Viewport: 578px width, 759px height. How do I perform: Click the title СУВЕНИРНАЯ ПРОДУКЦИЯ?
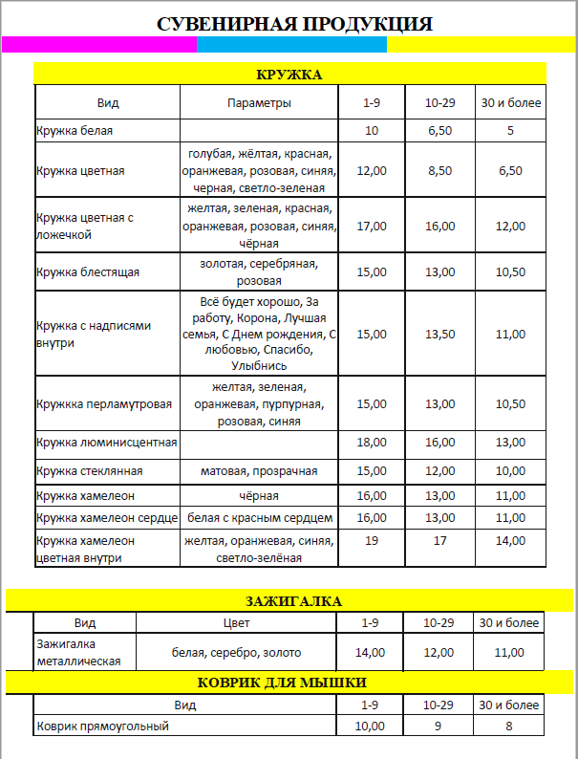coord(294,24)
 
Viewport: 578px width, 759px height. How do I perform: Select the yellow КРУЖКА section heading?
coord(289,75)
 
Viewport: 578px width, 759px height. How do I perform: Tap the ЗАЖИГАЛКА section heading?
coord(289,600)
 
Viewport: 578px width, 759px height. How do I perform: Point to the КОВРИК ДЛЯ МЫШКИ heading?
coord(289,682)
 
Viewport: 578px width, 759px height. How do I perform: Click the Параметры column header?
coord(259,102)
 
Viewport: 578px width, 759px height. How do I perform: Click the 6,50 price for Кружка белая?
coord(439,130)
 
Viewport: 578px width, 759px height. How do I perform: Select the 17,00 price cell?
coord(371,226)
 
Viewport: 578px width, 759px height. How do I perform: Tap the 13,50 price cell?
coord(439,334)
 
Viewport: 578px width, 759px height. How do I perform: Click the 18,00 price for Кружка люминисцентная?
coord(371,442)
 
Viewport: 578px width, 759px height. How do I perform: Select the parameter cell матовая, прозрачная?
coord(258,470)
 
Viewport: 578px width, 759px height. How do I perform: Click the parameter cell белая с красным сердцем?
coord(259,518)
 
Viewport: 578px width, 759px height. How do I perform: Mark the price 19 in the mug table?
coord(371,540)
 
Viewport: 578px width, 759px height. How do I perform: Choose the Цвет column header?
coord(236,622)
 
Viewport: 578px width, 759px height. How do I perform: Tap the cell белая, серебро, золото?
coord(236,652)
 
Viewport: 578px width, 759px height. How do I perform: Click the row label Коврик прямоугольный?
coord(102,726)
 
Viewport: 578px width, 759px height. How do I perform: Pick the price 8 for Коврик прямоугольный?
coord(510,726)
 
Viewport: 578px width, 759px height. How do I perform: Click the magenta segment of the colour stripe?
coord(98,44)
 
